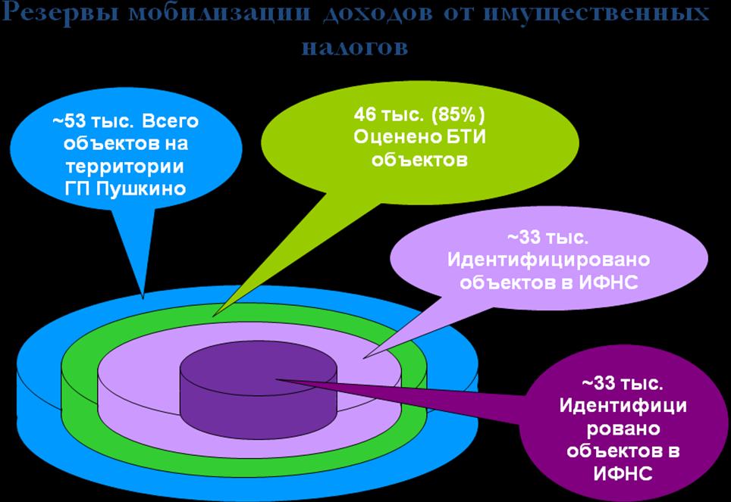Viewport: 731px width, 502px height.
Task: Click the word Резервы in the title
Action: point(61,13)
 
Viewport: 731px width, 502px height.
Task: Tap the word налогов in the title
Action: point(355,47)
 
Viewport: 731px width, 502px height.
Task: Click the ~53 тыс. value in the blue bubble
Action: point(93,121)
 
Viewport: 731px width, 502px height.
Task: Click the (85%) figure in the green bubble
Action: point(458,115)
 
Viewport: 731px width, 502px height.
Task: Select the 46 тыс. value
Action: point(390,115)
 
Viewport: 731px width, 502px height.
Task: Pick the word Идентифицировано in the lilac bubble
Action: point(548,260)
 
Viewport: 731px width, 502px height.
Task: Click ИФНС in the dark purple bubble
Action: point(623,473)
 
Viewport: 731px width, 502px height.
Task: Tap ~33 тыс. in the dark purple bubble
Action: point(623,383)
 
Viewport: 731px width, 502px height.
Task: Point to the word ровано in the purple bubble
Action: point(623,429)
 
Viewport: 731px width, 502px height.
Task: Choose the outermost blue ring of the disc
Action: point(37,396)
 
